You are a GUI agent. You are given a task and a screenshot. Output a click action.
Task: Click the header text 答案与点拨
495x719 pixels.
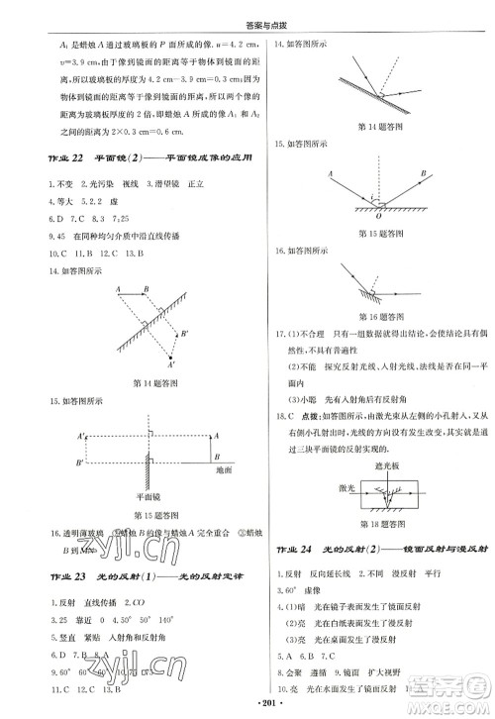point(247,12)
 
